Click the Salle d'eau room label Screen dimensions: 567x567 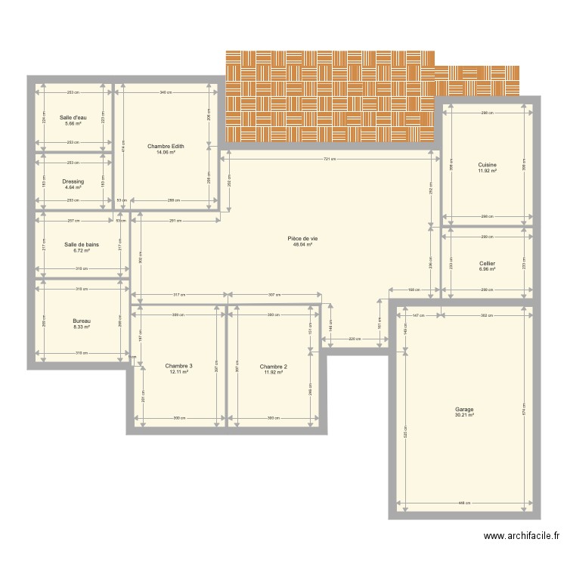tap(73, 117)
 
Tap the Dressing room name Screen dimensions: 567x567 tap(73, 181)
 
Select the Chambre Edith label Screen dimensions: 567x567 tap(166, 146)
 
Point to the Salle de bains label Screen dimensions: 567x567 tap(82, 244)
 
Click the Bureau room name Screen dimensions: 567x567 tap(82, 321)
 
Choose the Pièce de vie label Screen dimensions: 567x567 tap(302, 239)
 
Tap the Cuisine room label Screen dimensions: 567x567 tap(487, 165)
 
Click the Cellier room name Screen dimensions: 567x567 tap(487, 263)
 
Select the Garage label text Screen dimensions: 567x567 tap(464, 409)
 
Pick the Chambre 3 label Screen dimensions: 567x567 tap(178, 366)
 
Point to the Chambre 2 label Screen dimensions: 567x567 tap(273, 366)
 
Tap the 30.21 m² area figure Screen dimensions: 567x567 tap(464, 415)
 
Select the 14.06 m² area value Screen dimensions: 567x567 tap(166, 152)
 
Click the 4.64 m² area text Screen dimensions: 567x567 tap(73, 187)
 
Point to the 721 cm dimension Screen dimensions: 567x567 tap(330, 159)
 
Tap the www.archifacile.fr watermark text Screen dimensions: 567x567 tap(522, 537)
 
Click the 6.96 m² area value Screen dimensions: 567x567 tap(487, 269)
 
